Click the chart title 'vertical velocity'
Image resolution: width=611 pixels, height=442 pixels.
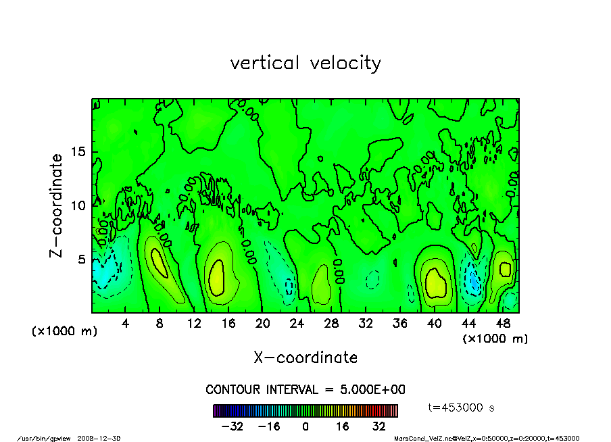pyautogui.click(x=305, y=63)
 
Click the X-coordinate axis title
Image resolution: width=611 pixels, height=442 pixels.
pyautogui.click(x=305, y=357)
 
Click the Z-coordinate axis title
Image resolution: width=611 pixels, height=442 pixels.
pyautogui.click(x=57, y=205)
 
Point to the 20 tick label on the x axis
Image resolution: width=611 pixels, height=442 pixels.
pyautogui.click(x=263, y=323)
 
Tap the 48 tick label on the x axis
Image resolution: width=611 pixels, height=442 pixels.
pyautogui.click(x=502, y=323)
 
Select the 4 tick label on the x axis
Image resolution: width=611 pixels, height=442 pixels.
pyautogui.click(x=126, y=323)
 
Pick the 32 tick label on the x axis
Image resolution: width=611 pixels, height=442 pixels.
pyautogui.click(x=366, y=323)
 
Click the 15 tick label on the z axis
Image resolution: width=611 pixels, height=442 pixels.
pyautogui.click(x=78, y=152)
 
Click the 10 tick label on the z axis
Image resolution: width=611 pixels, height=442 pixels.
pyautogui.click(x=78, y=205)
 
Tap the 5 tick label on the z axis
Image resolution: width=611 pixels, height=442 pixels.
pyautogui.click(x=82, y=259)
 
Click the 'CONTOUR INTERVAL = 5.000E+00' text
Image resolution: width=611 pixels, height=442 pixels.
pyautogui.click(x=305, y=390)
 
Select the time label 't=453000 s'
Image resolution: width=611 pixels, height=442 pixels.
pyautogui.click(x=462, y=408)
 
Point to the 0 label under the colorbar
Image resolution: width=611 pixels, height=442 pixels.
pyautogui.click(x=305, y=426)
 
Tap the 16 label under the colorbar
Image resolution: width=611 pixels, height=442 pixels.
pyautogui.click(x=342, y=426)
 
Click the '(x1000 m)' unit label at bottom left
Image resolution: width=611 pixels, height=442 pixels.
pyautogui.click(x=65, y=332)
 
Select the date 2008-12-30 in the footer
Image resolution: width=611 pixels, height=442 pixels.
pyautogui.click(x=103, y=438)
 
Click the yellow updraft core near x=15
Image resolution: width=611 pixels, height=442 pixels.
pyautogui.click(x=216, y=277)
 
